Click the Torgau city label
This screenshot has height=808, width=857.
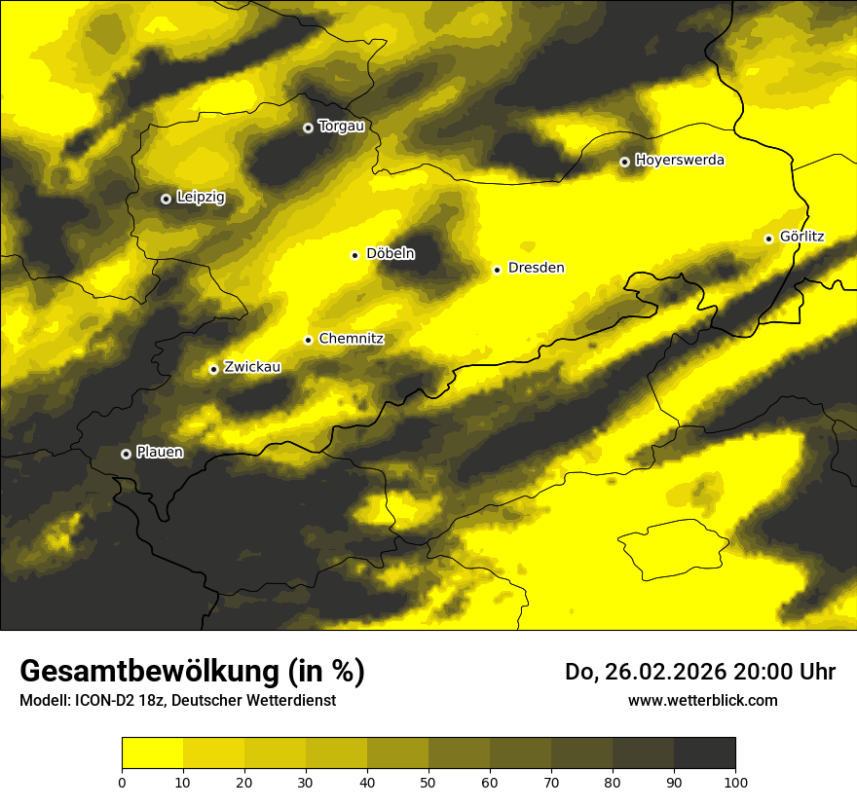(x=341, y=126)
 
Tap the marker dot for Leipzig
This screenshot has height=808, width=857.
(x=166, y=199)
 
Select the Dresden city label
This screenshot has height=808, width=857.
(x=536, y=268)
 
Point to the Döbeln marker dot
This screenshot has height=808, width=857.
(x=354, y=255)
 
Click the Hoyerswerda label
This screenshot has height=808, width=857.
(x=680, y=160)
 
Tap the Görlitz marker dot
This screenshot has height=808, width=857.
(x=768, y=239)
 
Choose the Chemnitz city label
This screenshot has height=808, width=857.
(x=351, y=339)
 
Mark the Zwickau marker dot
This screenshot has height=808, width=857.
(x=213, y=369)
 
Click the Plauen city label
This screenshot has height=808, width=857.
(x=160, y=453)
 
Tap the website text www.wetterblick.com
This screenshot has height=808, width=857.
(x=702, y=700)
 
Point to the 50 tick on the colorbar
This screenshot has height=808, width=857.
(x=428, y=782)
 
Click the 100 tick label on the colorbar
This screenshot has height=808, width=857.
(x=735, y=782)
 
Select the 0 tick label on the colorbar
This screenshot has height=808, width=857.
(x=122, y=782)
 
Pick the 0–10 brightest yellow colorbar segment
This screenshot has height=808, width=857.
(x=152, y=753)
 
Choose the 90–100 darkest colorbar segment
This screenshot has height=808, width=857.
(x=704, y=753)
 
